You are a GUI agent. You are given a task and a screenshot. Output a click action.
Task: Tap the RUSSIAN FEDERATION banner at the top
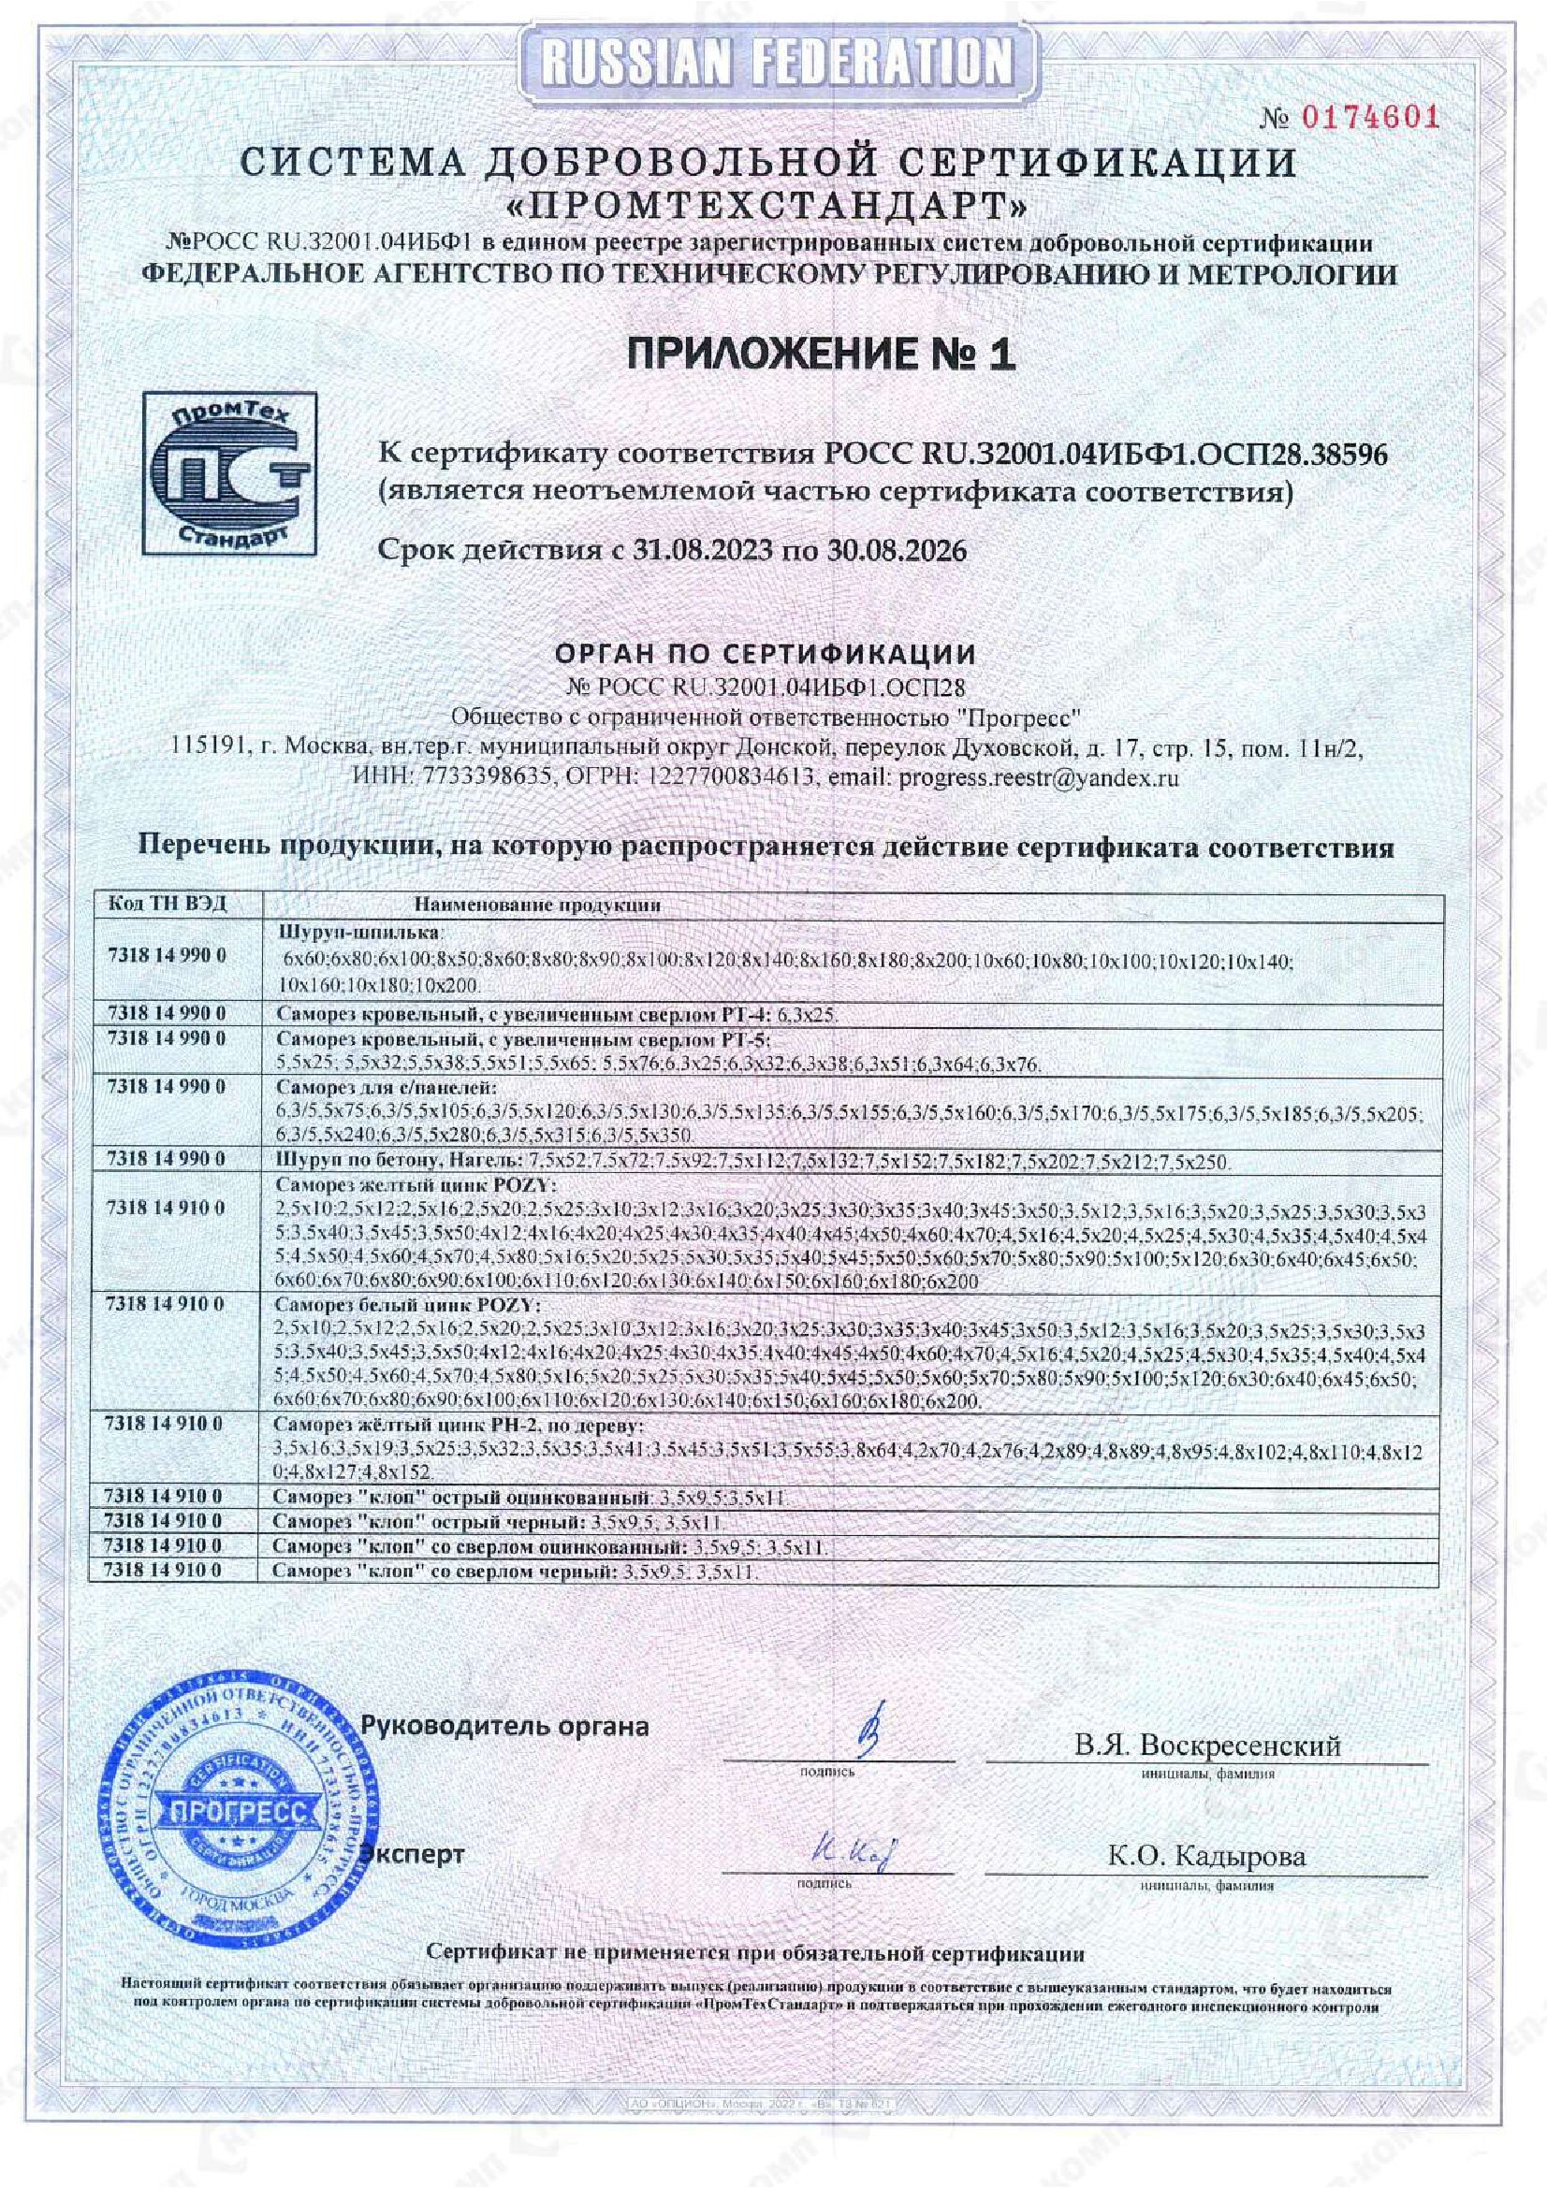[x=774, y=63]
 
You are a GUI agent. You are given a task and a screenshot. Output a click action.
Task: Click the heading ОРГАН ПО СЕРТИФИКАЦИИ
[x=766, y=655]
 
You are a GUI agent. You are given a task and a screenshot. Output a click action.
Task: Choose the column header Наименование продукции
[x=538, y=906]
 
